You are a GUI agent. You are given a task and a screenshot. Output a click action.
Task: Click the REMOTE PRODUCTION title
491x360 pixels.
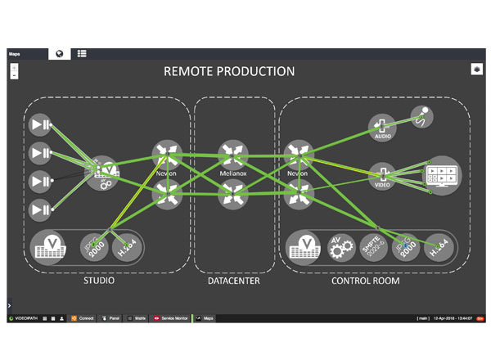(228, 71)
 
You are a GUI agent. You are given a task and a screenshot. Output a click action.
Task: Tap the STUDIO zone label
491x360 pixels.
(98, 281)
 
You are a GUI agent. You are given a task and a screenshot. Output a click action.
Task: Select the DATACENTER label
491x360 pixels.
(234, 281)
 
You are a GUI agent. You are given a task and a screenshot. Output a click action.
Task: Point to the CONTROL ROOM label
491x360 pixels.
(365, 281)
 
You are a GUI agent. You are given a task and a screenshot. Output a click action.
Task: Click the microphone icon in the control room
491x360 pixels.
(422, 117)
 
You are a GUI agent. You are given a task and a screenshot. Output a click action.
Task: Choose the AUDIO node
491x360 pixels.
(382, 127)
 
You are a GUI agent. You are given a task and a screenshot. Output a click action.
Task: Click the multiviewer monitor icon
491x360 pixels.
(442, 175)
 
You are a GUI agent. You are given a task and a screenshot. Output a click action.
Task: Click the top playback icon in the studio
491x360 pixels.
(41, 125)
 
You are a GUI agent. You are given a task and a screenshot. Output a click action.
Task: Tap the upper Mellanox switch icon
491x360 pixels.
(233, 154)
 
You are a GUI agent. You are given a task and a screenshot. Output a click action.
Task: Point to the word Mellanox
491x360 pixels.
(233, 174)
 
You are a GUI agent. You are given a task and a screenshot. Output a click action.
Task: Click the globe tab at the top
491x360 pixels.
(60, 53)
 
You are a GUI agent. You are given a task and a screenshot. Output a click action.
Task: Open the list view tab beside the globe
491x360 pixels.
(83, 53)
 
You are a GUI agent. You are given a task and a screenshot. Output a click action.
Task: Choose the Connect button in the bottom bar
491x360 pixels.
(83, 317)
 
